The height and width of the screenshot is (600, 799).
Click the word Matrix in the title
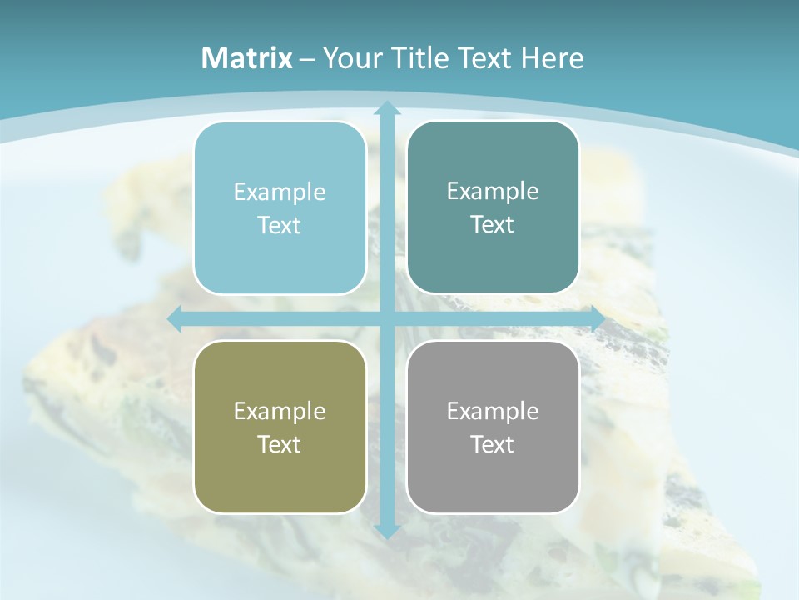[x=247, y=58]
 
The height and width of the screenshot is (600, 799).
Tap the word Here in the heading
[x=552, y=58]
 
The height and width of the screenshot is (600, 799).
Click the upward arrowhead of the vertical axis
[x=386, y=107]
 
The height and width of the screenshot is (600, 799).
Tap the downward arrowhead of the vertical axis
[x=386, y=531]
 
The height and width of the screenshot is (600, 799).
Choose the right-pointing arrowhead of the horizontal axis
[x=597, y=318]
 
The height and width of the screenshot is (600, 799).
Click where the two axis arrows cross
[x=386, y=318]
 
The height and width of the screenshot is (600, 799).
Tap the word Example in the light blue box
[x=280, y=192]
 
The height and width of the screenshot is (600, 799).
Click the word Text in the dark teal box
[x=493, y=225]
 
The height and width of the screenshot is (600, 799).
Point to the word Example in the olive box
[x=280, y=411]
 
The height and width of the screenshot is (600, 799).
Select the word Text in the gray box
[x=493, y=444]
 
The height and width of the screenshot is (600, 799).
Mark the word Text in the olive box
[x=280, y=444]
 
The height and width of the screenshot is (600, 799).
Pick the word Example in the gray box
[x=493, y=411]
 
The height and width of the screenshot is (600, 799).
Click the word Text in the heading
[x=486, y=58]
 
